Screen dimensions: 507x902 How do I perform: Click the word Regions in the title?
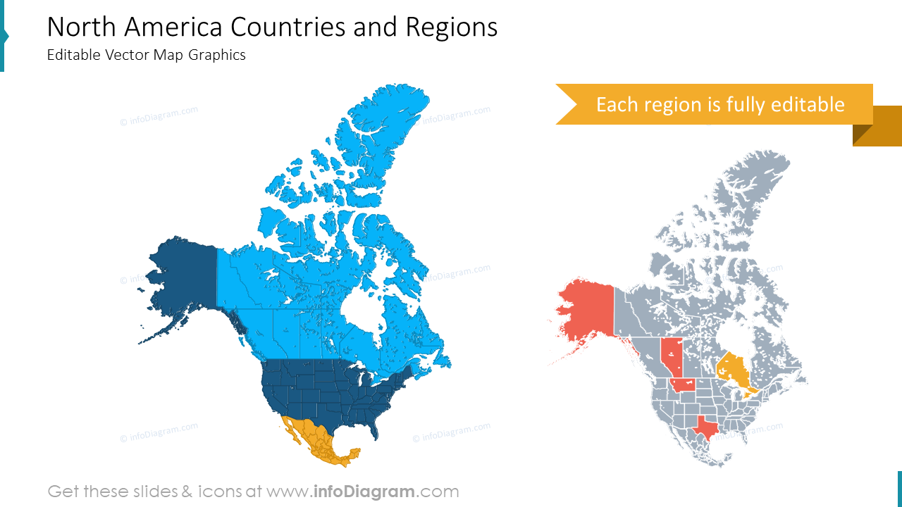[x=451, y=27]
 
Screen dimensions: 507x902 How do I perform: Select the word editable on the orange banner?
[x=808, y=104]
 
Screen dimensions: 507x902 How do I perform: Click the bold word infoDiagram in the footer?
[x=364, y=492]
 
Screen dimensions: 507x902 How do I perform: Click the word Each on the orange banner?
[x=618, y=104]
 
